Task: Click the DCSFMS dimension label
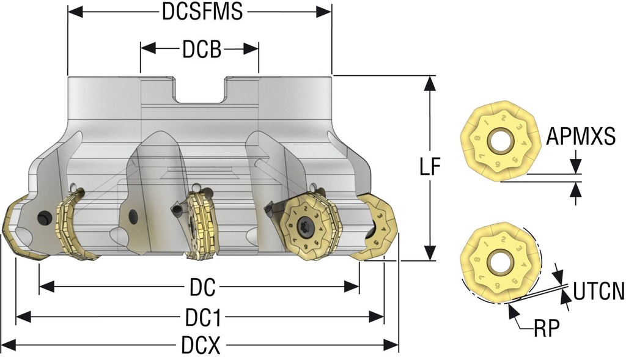point(199,12)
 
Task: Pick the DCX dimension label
point(201,347)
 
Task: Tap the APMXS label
point(581,137)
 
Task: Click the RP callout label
point(546,329)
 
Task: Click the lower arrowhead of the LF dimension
point(430,254)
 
